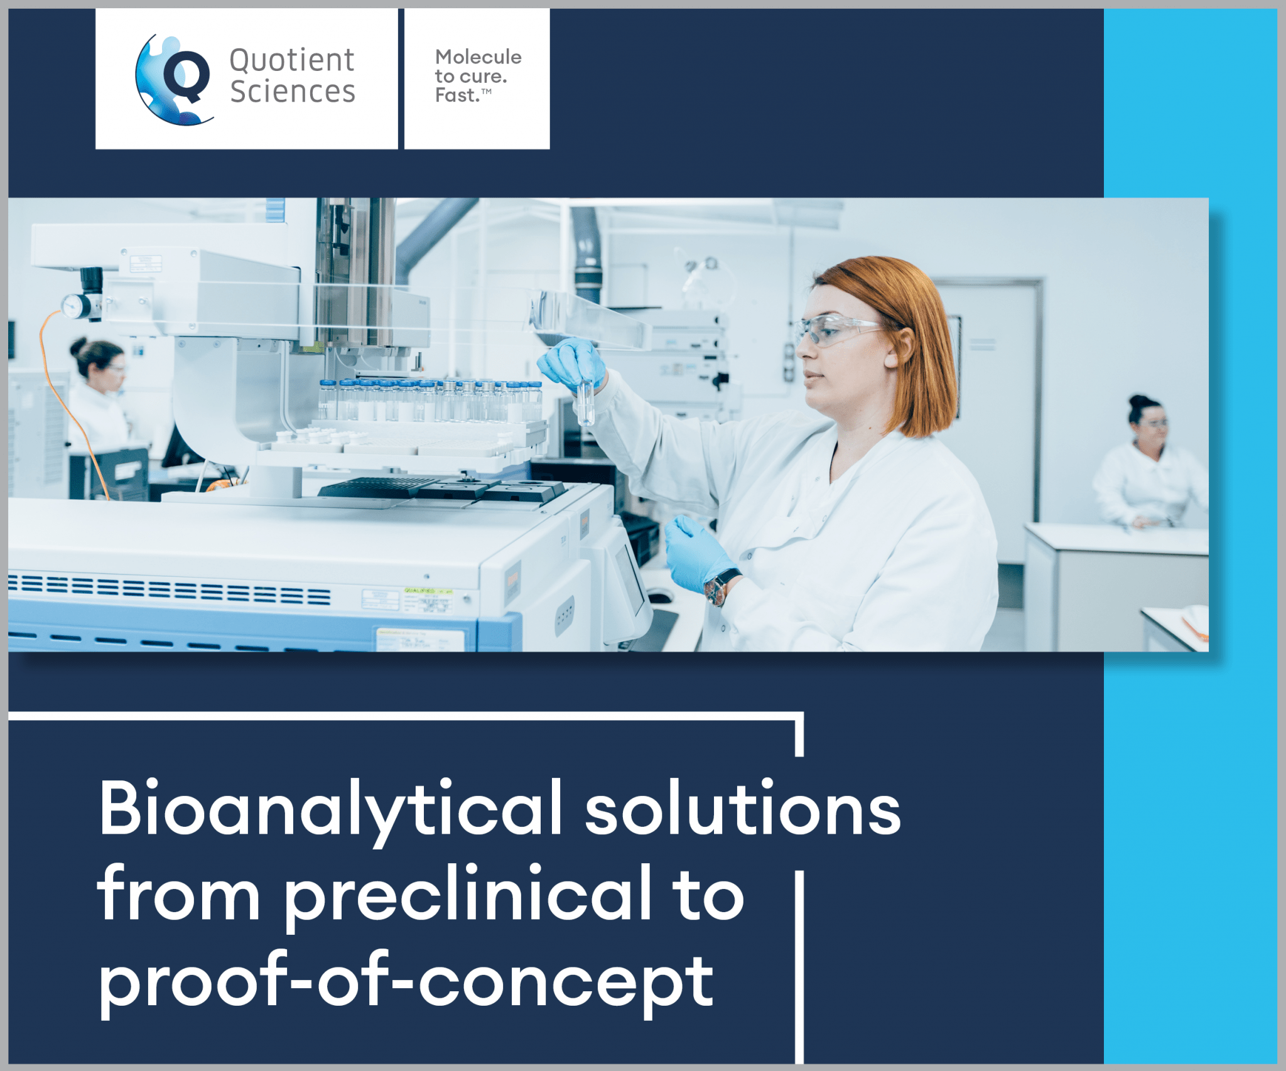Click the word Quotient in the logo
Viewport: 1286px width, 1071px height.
[292, 61]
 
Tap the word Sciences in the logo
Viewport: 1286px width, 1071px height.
[293, 92]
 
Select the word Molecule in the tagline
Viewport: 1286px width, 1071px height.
[478, 57]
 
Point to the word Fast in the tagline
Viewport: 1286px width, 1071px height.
[457, 95]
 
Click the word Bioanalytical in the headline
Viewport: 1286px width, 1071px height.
[330, 809]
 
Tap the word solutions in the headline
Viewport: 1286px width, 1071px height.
[743, 809]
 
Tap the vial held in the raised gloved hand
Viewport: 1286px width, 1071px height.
[585, 402]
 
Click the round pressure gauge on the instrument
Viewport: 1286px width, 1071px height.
[75, 306]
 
